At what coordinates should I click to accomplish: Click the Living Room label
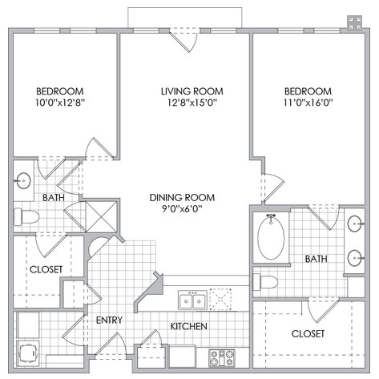click(x=192, y=91)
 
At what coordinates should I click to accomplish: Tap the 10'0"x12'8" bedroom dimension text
click(x=60, y=103)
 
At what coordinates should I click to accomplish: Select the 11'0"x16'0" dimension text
click(x=308, y=103)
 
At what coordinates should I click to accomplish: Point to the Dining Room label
click(x=182, y=198)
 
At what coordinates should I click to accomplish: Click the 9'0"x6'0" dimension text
click(x=182, y=208)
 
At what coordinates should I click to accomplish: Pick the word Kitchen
click(x=189, y=326)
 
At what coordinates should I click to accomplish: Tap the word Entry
click(x=109, y=320)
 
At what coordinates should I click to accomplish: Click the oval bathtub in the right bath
click(x=271, y=237)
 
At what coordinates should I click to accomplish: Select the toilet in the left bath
click(x=26, y=216)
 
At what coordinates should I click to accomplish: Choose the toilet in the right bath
click(x=265, y=282)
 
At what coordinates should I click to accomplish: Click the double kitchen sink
click(x=192, y=300)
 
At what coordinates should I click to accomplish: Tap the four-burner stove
click(x=222, y=358)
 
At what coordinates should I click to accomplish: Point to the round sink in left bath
click(x=23, y=181)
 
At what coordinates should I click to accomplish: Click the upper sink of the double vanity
click(x=355, y=224)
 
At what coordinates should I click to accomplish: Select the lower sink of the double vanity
click(x=355, y=258)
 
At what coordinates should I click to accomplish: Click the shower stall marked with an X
click(x=102, y=217)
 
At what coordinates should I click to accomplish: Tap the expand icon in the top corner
click(x=355, y=22)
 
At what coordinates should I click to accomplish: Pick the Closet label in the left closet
click(x=46, y=269)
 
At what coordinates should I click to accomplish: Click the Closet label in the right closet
click(x=308, y=334)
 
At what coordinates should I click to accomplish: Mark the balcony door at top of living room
click(x=184, y=40)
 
